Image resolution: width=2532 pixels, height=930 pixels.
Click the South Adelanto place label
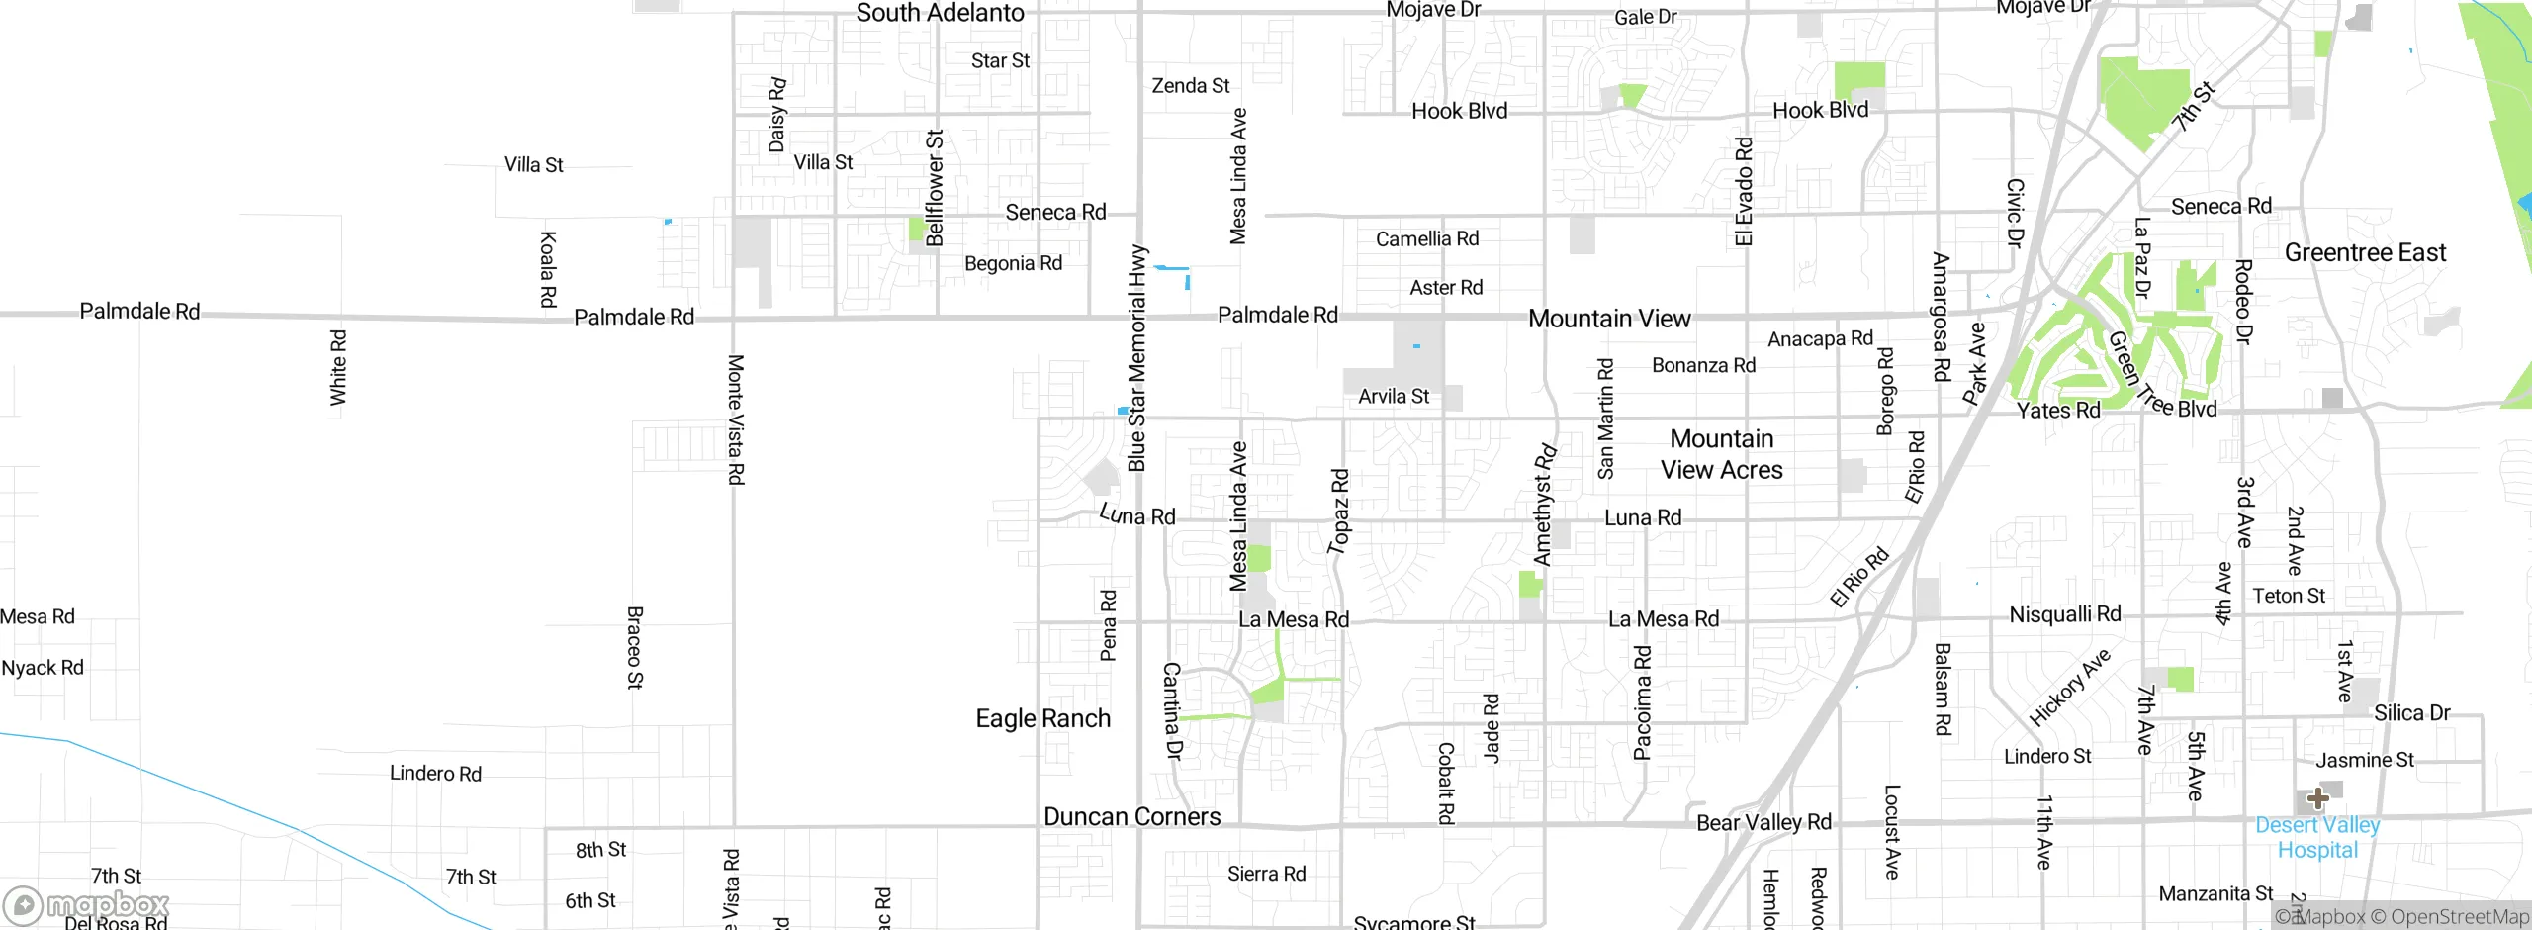click(x=940, y=14)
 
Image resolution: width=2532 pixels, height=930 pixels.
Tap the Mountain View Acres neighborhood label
click(x=1721, y=454)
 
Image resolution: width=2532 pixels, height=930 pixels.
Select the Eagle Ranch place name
click(x=1042, y=718)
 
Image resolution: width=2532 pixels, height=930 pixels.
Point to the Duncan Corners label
click(x=1131, y=817)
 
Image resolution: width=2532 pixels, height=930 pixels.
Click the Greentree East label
click(x=2365, y=253)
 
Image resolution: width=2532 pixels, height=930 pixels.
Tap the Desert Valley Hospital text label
click(x=2317, y=838)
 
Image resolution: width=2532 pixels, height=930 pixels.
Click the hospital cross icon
click(x=2317, y=798)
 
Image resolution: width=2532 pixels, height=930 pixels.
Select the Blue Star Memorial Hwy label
click(x=1137, y=358)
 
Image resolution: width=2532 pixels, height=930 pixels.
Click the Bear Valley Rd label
click(x=1763, y=823)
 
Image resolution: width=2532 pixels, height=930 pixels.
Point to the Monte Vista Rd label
click(x=735, y=419)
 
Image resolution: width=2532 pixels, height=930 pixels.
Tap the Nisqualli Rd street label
click(x=2065, y=614)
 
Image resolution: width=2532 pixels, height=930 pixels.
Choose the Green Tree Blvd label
click(x=2161, y=377)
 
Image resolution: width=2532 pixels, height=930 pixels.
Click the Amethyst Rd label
click(x=1544, y=506)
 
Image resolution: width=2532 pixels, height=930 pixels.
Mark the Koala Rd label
click(x=548, y=269)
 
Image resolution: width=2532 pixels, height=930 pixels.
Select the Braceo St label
click(x=635, y=648)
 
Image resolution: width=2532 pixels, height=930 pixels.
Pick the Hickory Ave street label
click(x=2069, y=687)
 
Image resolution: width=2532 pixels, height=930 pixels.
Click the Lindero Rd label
click(x=435, y=774)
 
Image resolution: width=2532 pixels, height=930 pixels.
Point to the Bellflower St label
click(x=935, y=188)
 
